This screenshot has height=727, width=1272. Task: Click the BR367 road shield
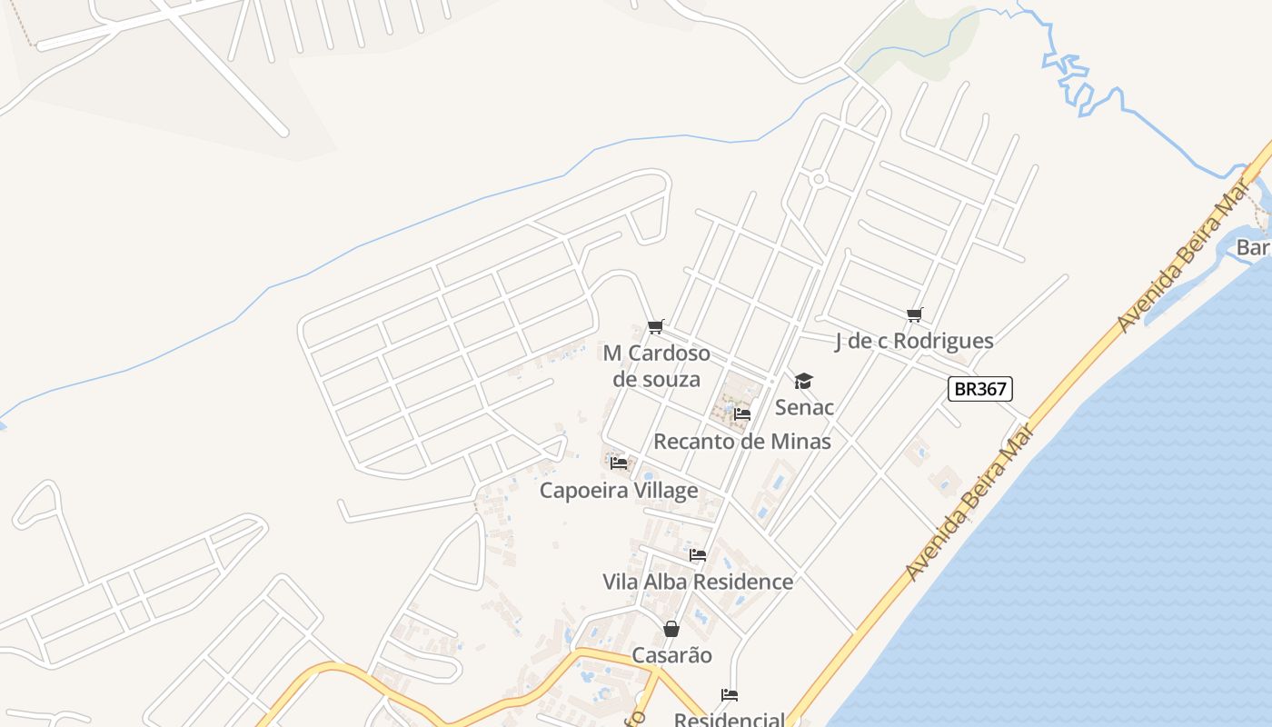click(979, 389)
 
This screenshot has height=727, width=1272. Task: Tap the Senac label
click(804, 407)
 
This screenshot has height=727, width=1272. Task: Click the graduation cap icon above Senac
click(803, 381)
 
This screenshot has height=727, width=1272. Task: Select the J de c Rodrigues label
click(914, 341)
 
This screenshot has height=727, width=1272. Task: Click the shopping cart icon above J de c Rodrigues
click(914, 315)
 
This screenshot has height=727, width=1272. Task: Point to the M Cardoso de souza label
click(657, 365)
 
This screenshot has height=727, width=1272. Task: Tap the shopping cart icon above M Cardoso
click(656, 327)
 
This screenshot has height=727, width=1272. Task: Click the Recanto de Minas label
click(742, 442)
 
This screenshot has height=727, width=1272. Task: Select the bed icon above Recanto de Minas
click(742, 415)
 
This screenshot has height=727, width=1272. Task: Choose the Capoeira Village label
click(619, 491)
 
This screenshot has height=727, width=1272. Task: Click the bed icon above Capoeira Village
click(619, 463)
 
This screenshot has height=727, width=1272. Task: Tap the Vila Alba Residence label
click(698, 582)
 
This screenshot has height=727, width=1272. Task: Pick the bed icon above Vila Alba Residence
click(698, 555)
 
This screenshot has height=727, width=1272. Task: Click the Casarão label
click(671, 655)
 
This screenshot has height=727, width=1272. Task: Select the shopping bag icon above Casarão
click(671, 629)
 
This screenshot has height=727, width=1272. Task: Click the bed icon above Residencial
click(730, 695)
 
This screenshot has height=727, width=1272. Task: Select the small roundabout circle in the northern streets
click(819, 179)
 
